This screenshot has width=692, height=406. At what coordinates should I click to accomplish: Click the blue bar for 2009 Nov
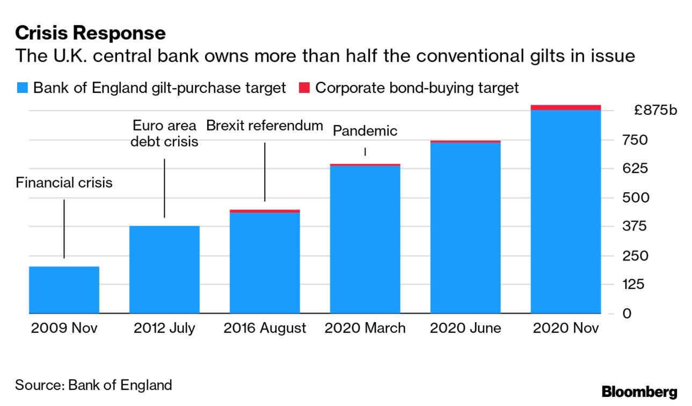coord(64,289)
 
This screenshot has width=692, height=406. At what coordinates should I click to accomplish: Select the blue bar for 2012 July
coord(164,269)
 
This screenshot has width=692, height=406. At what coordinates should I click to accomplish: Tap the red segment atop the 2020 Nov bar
coord(565,107)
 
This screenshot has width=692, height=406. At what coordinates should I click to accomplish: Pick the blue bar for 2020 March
coord(365,239)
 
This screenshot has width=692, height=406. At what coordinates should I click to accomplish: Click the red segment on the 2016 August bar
coord(265,211)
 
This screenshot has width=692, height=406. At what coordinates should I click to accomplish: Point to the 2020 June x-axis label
coord(465,328)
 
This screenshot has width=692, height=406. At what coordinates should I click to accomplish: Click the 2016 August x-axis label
coord(265,328)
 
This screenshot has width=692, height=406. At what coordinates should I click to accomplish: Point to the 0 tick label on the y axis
coord(627,314)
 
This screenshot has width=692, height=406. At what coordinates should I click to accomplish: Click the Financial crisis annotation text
coord(64,183)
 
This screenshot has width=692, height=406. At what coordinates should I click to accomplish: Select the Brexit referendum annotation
coord(265,126)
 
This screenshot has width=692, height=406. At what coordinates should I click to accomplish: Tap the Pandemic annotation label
coord(365,130)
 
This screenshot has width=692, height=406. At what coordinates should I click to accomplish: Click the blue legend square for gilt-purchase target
coord(22,88)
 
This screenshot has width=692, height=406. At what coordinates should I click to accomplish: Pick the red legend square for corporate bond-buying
coord(304,88)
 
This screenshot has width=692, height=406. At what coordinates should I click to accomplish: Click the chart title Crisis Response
coord(90,33)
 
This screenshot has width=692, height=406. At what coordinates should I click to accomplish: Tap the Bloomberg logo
coord(639,392)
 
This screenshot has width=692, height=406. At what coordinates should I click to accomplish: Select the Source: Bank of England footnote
coord(93,385)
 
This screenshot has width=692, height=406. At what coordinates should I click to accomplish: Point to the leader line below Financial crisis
coord(64,229)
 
